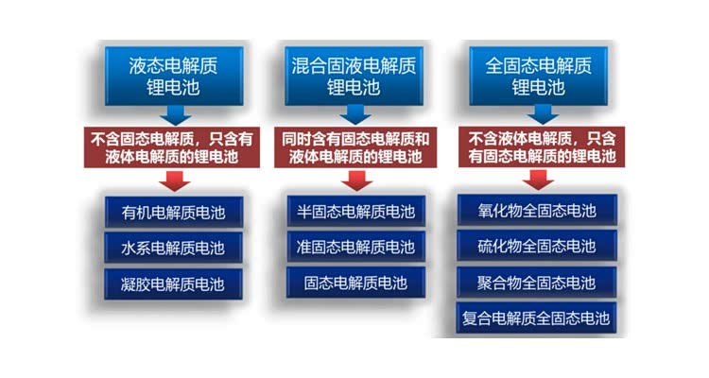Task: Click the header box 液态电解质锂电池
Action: pos(174,76)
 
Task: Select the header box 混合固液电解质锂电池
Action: pos(354,76)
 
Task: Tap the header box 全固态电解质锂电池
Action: pos(538,76)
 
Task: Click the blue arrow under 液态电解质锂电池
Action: pos(176,115)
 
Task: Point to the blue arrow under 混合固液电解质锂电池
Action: pos(355,115)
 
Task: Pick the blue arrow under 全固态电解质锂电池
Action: pos(543,115)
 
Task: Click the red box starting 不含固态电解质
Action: pos(172,147)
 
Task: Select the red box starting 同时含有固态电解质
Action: pos(355,147)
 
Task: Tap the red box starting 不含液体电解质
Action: pos(542,147)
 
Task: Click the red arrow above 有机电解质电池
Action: pos(175,180)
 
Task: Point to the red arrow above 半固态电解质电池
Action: pos(356,180)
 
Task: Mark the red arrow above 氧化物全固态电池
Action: pos(538,180)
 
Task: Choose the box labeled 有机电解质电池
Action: pos(174,212)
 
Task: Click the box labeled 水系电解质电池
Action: pos(173,248)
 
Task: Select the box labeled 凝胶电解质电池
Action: pos(173,283)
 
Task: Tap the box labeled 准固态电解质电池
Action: pos(355,247)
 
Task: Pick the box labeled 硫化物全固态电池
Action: pos(537,246)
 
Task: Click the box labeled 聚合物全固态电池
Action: pos(537,283)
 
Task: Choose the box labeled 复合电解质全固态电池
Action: pos(536,318)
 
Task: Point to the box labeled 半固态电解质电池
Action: pos(355,211)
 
